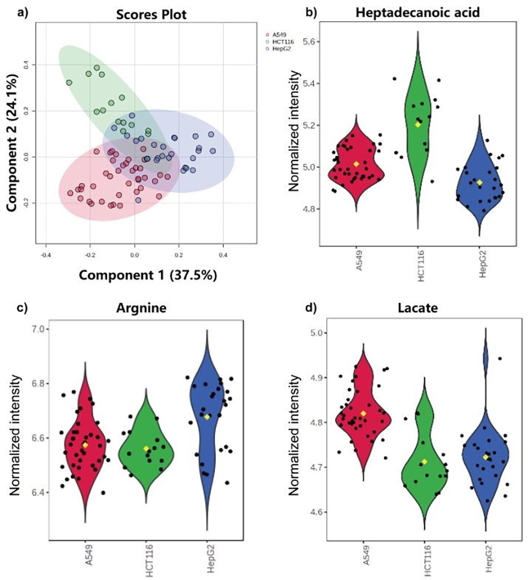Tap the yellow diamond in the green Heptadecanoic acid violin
click(x=418, y=125)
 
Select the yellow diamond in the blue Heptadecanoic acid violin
click(x=480, y=183)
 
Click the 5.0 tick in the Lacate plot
click(x=315, y=333)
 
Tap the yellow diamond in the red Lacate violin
click(x=363, y=413)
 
